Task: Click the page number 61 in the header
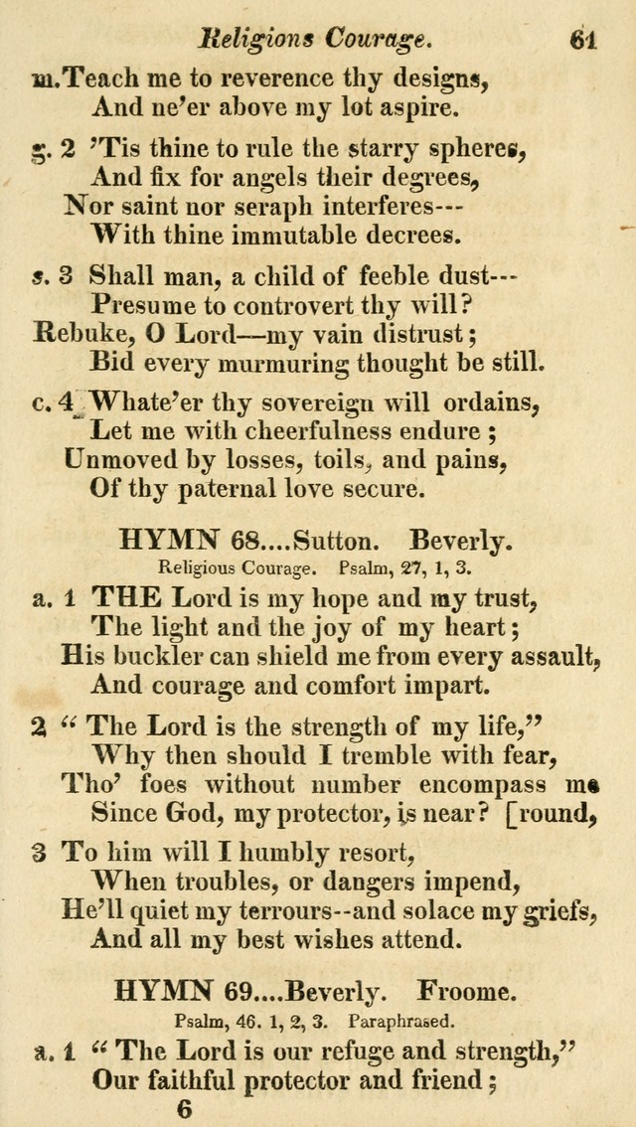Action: coord(583,39)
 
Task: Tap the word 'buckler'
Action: coord(156,656)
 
